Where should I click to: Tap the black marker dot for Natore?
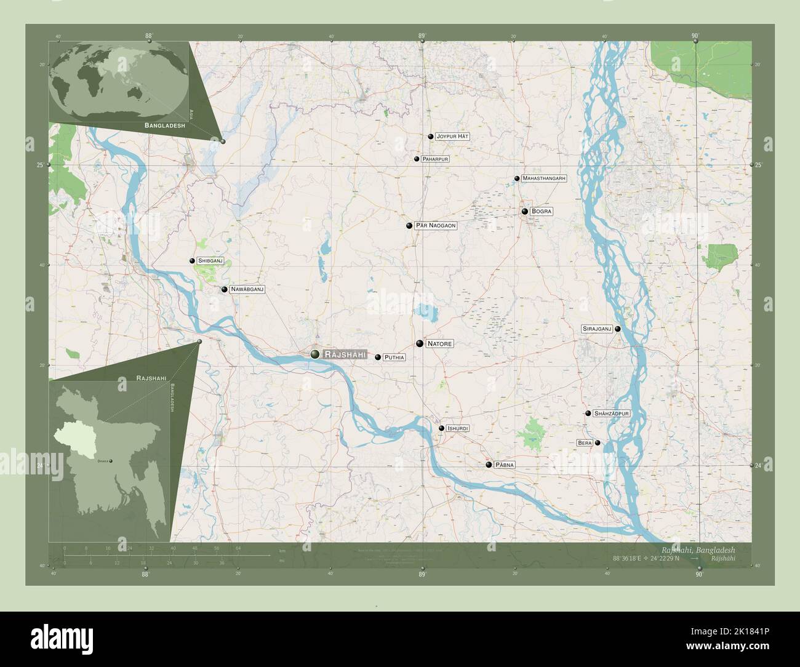419,343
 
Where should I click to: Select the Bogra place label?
542,211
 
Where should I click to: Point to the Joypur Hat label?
452,136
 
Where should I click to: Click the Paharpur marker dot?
417,159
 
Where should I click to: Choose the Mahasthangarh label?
543,178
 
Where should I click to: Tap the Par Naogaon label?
435,226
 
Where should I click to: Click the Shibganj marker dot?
192,261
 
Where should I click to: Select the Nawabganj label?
247,289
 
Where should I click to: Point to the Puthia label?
394,357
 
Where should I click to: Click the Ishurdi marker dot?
441,428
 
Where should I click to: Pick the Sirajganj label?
596,329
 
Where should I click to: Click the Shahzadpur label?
612,413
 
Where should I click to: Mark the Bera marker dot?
598,443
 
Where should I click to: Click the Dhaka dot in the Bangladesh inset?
111,460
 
